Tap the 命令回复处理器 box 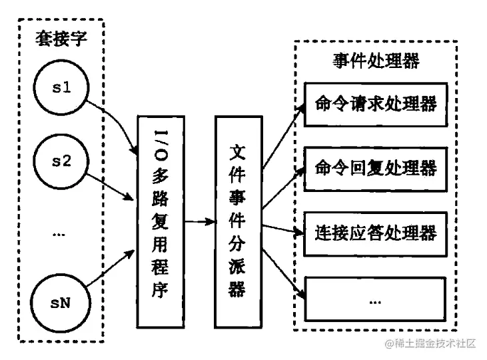375,167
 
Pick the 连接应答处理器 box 375,233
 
